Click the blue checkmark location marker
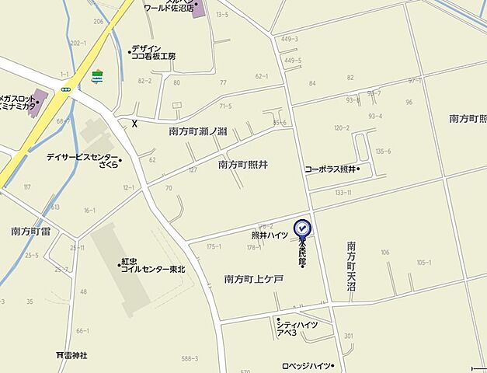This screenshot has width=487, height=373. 302,228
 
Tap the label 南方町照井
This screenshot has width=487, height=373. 243,165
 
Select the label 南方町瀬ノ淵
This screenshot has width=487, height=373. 198,132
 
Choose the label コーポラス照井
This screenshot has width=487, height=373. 330,169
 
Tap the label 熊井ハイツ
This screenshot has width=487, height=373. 269,235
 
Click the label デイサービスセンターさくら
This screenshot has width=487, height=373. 82,160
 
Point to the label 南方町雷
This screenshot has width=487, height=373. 31,231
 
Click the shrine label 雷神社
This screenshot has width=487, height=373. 71,355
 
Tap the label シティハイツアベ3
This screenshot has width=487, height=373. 297,327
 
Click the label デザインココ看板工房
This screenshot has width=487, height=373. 153,52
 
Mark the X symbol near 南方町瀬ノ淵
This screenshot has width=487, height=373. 134,123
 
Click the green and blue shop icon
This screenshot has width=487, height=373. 97,76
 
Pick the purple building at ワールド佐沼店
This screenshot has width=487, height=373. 198,9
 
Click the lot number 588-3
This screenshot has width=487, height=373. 189,358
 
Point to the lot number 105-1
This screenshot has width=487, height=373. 423,263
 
